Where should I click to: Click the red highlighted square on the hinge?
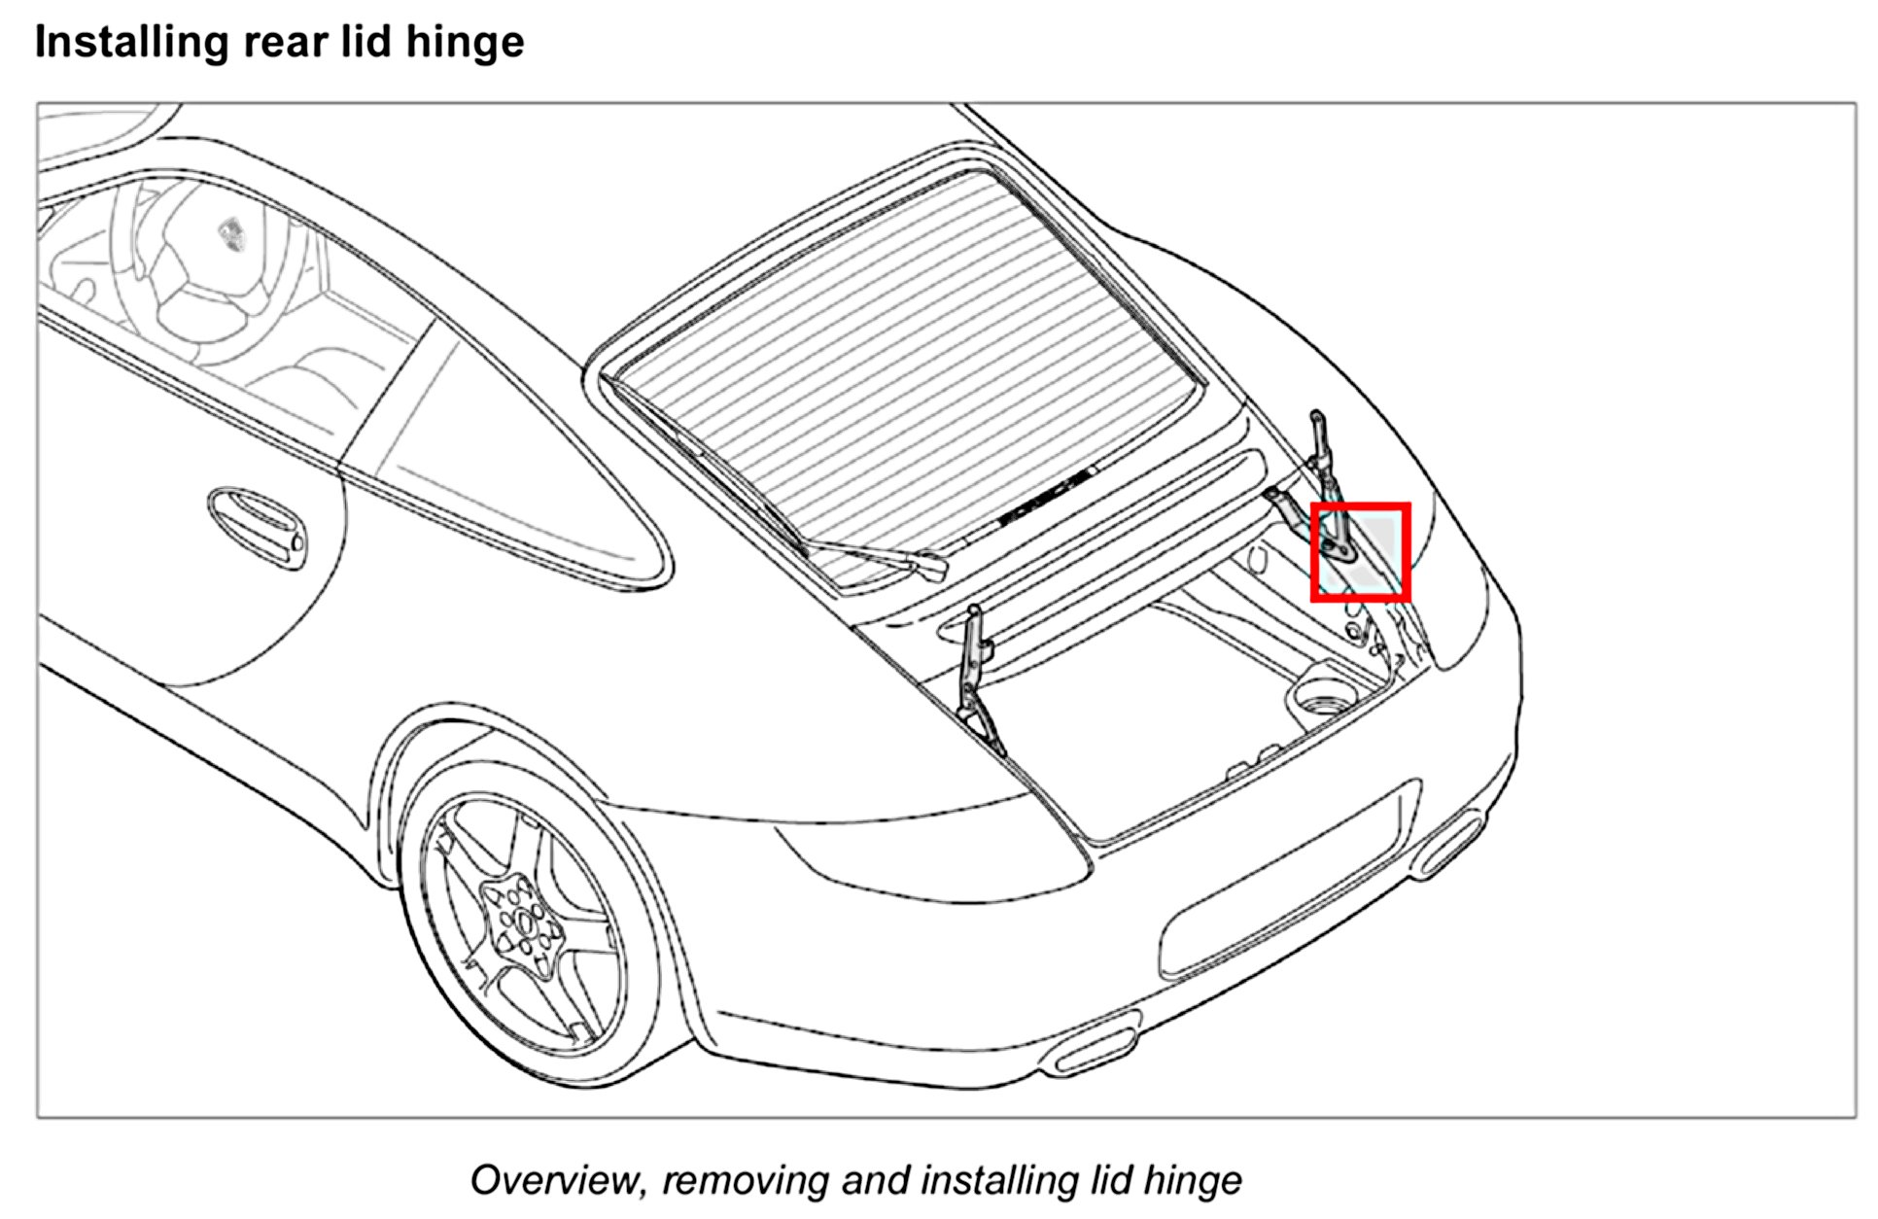point(1360,551)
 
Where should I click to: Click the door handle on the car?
point(256,527)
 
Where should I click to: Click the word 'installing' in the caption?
point(998,1180)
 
